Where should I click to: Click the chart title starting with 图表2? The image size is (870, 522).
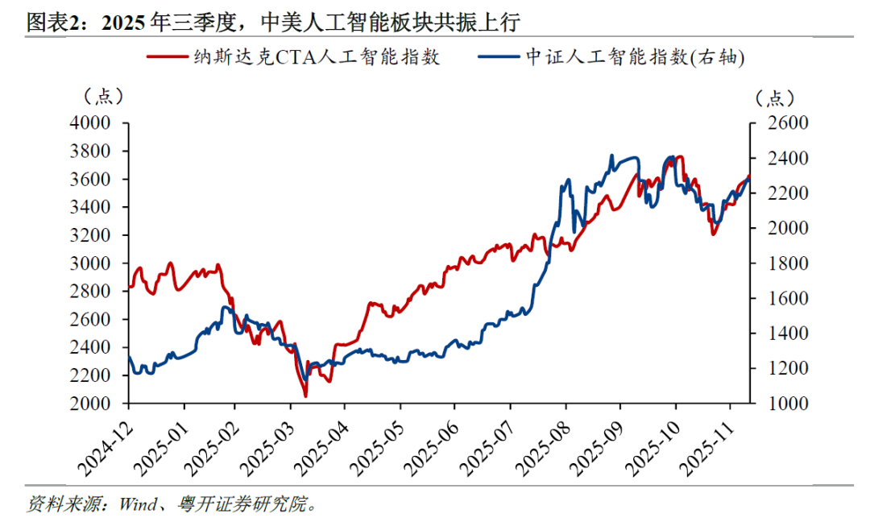(x=274, y=22)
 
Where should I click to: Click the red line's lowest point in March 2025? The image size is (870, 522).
(x=305, y=396)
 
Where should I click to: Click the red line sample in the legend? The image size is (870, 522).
(x=165, y=58)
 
